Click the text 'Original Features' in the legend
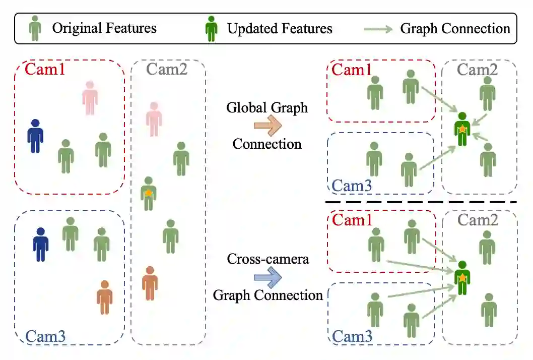(x=104, y=28)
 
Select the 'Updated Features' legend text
(x=280, y=28)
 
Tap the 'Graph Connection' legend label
(x=455, y=28)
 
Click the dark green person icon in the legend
(x=212, y=28)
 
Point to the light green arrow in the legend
(x=378, y=29)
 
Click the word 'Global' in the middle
(x=243, y=107)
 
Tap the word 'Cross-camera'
(x=268, y=259)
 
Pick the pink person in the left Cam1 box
(x=90, y=98)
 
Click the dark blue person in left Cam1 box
(x=35, y=136)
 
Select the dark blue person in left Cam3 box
(x=41, y=245)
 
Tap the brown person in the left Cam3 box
(x=104, y=297)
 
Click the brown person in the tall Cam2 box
(x=150, y=283)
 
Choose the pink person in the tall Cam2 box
(x=154, y=119)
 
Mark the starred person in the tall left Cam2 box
(x=148, y=194)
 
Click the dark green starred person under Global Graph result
(x=461, y=130)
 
